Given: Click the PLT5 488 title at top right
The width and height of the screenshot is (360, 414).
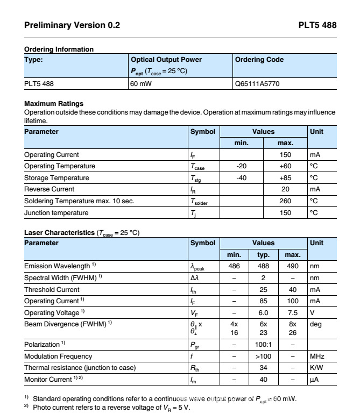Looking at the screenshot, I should point(317,25).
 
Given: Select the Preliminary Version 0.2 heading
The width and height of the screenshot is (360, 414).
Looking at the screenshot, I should point(73,25).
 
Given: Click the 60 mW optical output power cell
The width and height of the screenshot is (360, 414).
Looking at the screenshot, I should point(140,84).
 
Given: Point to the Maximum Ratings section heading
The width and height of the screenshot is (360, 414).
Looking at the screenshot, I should point(54,103).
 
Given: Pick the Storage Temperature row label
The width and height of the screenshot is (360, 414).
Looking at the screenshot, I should point(57,177).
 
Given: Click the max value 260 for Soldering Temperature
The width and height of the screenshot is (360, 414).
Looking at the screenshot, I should point(285,201).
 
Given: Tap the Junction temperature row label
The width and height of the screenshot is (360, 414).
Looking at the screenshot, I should point(56,213).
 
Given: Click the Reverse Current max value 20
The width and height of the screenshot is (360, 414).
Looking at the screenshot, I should point(285,189).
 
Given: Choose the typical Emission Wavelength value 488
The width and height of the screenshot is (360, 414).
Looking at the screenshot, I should point(263,266).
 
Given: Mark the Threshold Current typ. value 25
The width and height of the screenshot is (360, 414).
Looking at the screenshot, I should point(263,290).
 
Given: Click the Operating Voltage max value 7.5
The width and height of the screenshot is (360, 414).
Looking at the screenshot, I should point(292,312).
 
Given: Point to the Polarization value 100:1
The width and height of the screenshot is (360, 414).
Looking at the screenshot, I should point(263,344).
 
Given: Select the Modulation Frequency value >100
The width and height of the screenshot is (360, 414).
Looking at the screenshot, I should point(263,356).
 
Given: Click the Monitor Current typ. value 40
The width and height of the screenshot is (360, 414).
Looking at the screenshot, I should point(263,380).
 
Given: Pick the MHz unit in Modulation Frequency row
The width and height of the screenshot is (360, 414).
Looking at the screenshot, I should point(317,356).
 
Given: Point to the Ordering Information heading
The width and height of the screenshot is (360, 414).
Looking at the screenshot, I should point(59,49).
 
